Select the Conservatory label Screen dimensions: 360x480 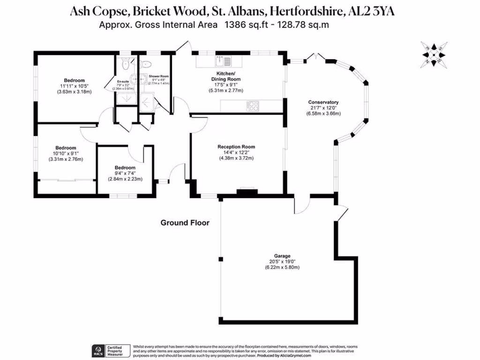pyautogui.click(x=323, y=102)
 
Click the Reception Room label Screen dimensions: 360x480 pyautogui.click(x=236, y=147)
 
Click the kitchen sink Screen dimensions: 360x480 pyautogui.click(x=222, y=60)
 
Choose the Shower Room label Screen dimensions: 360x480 pyautogui.click(x=159, y=76)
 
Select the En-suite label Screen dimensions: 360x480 pyautogui.click(x=123, y=81)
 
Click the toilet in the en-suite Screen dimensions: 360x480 pyautogui.click(x=124, y=64)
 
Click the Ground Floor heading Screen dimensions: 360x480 pyautogui.click(x=185, y=223)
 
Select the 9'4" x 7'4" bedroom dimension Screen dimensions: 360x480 pyautogui.click(x=125, y=173)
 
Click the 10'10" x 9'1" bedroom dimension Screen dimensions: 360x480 pyautogui.click(x=65, y=153)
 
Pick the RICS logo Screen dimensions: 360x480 pyautogui.click(x=99, y=351)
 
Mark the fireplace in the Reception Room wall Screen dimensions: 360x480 pyautogui.click(x=247, y=191)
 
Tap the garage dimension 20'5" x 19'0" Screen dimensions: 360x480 pyautogui.click(x=283, y=262)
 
